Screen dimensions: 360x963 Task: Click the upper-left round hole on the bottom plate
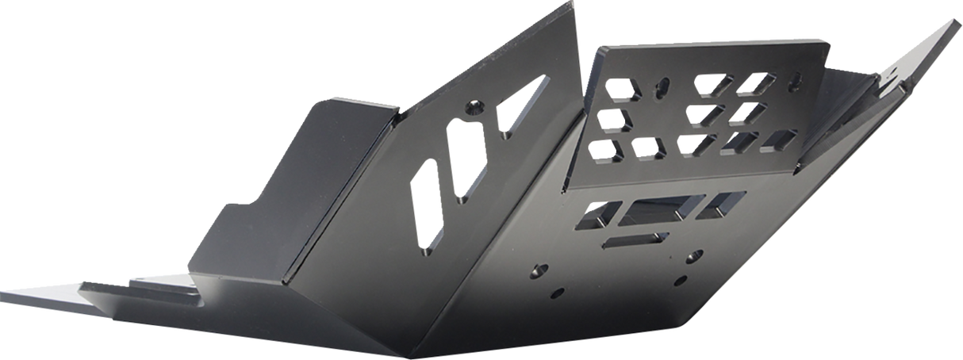tap(543, 269)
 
